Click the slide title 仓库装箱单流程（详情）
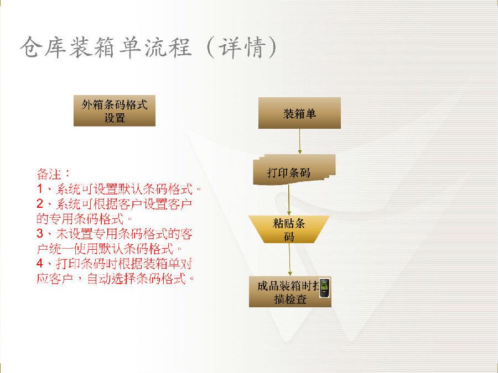(149, 48)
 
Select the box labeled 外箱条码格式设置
(115, 111)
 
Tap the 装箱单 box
(299, 113)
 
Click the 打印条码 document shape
(294, 170)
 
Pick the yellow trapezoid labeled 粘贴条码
(289, 229)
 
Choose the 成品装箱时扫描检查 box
(290, 291)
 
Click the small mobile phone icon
(324, 288)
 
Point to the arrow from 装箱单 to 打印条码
(299, 141)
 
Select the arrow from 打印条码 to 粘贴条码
(289, 200)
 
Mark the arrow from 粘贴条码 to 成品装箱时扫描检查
(289, 260)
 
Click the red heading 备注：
(53, 174)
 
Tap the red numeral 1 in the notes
(39, 189)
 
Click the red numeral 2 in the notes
(39, 203)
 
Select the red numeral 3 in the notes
(39, 233)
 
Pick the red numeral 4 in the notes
(39, 263)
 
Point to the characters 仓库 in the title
(43, 48)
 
